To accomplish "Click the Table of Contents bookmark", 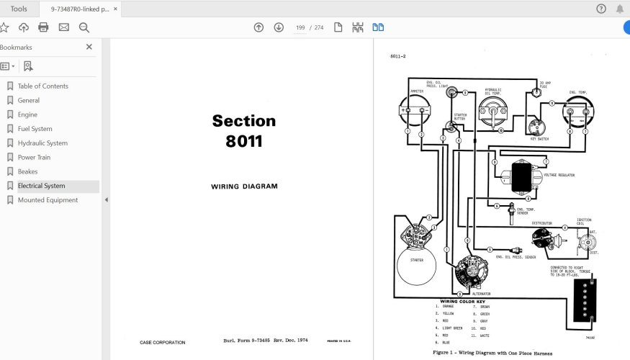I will pyautogui.click(x=42, y=86).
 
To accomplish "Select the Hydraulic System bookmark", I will pyautogui.click(x=42, y=143).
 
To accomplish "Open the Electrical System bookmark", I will pyautogui.click(x=41, y=186).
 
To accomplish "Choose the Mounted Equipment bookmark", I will pyautogui.click(x=48, y=200).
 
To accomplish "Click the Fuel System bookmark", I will pyautogui.click(x=35, y=129).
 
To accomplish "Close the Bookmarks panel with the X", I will pyautogui.click(x=89, y=47).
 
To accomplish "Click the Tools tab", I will pyautogui.click(x=19, y=9).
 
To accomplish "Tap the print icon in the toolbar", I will pyautogui.click(x=43, y=27).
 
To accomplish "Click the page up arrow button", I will pyautogui.click(x=258, y=27).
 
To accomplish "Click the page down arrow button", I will pyautogui.click(x=279, y=27).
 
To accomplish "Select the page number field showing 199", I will pyautogui.click(x=300, y=27).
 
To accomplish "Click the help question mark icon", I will pyautogui.click(x=601, y=9).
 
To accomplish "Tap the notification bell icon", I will pyautogui.click(x=620, y=9).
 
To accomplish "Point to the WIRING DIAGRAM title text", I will pyautogui.click(x=244, y=186).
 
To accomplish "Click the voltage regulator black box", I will pyautogui.click(x=521, y=176).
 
